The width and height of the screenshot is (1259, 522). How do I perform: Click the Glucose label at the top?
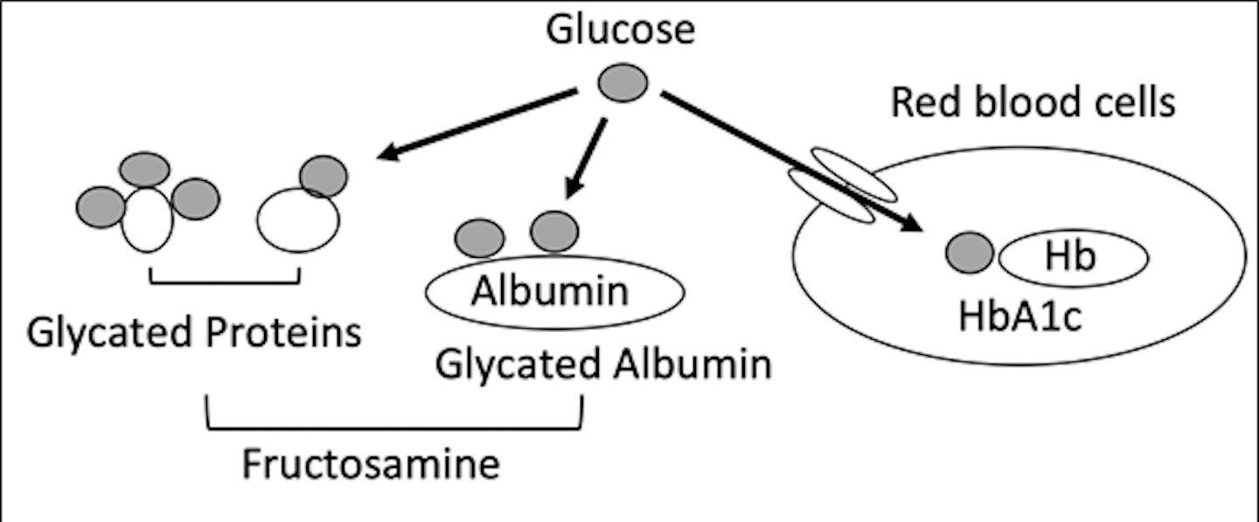point(620,30)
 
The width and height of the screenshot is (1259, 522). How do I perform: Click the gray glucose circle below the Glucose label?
point(623,84)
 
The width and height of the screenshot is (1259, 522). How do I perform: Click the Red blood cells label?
point(1033,103)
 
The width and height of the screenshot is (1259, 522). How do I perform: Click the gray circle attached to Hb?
point(970,254)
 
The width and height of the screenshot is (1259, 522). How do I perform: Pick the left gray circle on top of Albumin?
point(480,237)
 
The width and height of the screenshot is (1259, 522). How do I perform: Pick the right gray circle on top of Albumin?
point(554,232)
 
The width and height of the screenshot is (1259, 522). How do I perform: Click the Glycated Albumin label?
point(603,364)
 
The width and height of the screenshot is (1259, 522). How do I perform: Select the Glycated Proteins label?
point(194,332)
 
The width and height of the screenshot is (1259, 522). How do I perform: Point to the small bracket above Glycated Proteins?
point(225,281)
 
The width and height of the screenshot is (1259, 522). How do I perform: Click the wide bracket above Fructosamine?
point(393,428)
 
